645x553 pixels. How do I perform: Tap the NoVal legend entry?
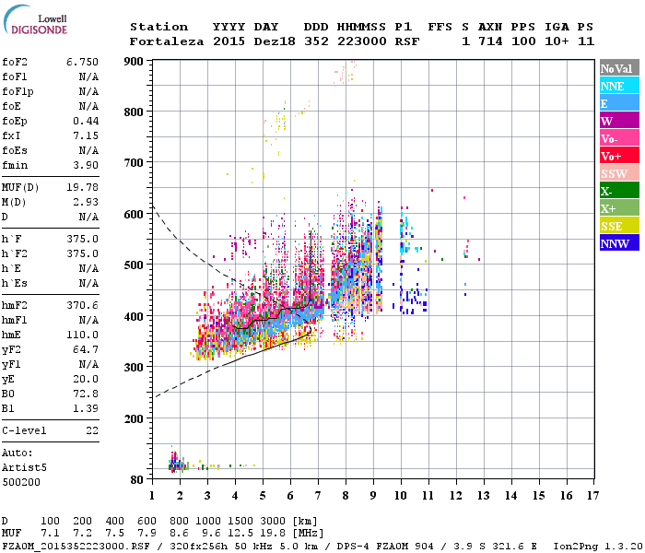(x=618, y=68)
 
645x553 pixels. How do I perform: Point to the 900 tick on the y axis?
(x=135, y=61)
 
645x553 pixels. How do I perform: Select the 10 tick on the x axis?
(x=401, y=495)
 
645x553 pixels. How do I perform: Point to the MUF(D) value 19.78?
(x=83, y=187)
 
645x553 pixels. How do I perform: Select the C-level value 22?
(x=92, y=429)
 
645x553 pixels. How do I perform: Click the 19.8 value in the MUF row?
(x=279, y=532)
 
